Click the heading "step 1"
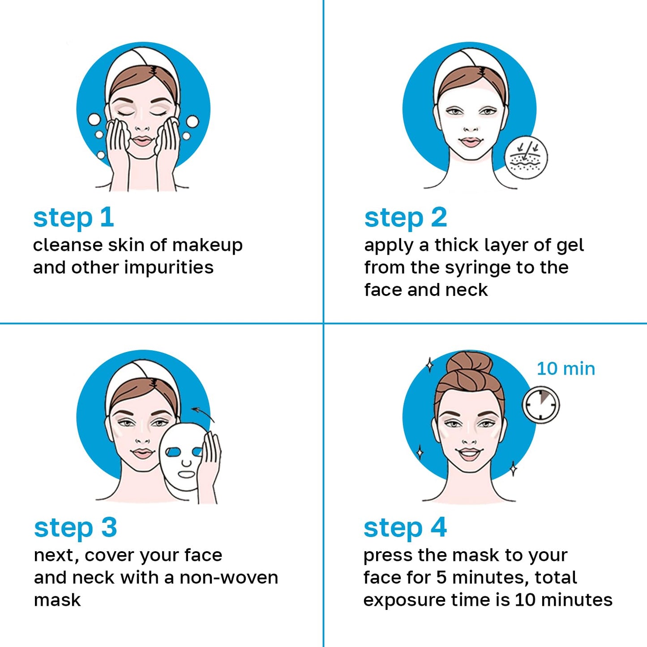click(74, 218)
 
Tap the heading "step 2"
click(406, 218)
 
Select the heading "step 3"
click(75, 528)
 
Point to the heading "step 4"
click(405, 528)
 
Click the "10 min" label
click(566, 369)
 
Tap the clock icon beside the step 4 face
click(541, 405)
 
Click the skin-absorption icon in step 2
click(526, 158)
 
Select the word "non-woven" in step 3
click(229, 578)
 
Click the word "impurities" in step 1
click(169, 268)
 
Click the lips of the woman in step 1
click(142, 141)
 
